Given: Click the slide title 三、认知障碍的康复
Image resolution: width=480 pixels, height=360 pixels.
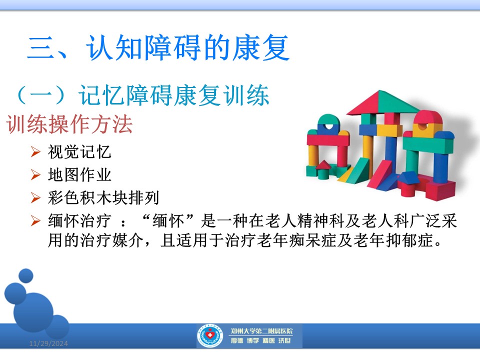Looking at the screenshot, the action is pyautogui.click(x=158, y=47).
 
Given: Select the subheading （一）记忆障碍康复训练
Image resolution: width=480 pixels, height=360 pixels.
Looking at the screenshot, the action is pyautogui.click(x=142, y=95).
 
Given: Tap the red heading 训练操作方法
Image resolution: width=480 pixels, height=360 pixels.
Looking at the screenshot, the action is pyautogui.click(x=69, y=124).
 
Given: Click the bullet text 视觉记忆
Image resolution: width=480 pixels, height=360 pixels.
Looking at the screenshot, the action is pyautogui.click(x=79, y=152).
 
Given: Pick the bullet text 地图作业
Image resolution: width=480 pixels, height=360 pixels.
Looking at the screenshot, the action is pyautogui.click(x=79, y=175).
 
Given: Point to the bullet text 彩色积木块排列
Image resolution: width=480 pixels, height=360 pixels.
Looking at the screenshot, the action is pyautogui.click(x=103, y=197).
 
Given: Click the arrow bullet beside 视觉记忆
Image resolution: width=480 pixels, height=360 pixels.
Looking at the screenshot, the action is pyautogui.click(x=35, y=151).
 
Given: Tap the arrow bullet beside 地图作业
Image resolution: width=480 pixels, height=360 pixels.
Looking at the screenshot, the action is pyautogui.click(x=35, y=174).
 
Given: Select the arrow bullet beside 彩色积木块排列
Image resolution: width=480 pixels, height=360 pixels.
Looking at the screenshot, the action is pyautogui.click(x=35, y=197).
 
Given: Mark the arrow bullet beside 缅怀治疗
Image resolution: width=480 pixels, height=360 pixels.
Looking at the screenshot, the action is pyautogui.click(x=35, y=220).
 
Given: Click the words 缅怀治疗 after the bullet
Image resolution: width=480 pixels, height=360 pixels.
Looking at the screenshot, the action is pyautogui.click(x=79, y=220).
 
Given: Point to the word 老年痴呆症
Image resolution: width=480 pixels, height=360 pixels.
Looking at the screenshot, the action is pyautogui.click(x=296, y=240).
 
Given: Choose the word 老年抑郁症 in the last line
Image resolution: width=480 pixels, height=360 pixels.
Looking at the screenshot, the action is pyautogui.click(x=393, y=240).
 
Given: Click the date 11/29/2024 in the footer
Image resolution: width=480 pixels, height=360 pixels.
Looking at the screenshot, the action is pyautogui.click(x=48, y=343).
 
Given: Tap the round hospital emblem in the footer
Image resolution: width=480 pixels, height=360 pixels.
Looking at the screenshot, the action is pyautogui.click(x=209, y=336).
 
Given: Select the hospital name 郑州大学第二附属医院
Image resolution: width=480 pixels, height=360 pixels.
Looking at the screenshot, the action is pyautogui.click(x=261, y=331).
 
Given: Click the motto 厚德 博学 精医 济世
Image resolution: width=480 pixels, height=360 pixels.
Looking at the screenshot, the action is pyautogui.click(x=261, y=340).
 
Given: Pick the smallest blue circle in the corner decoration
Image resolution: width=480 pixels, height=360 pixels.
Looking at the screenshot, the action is pyautogui.click(x=26, y=275).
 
